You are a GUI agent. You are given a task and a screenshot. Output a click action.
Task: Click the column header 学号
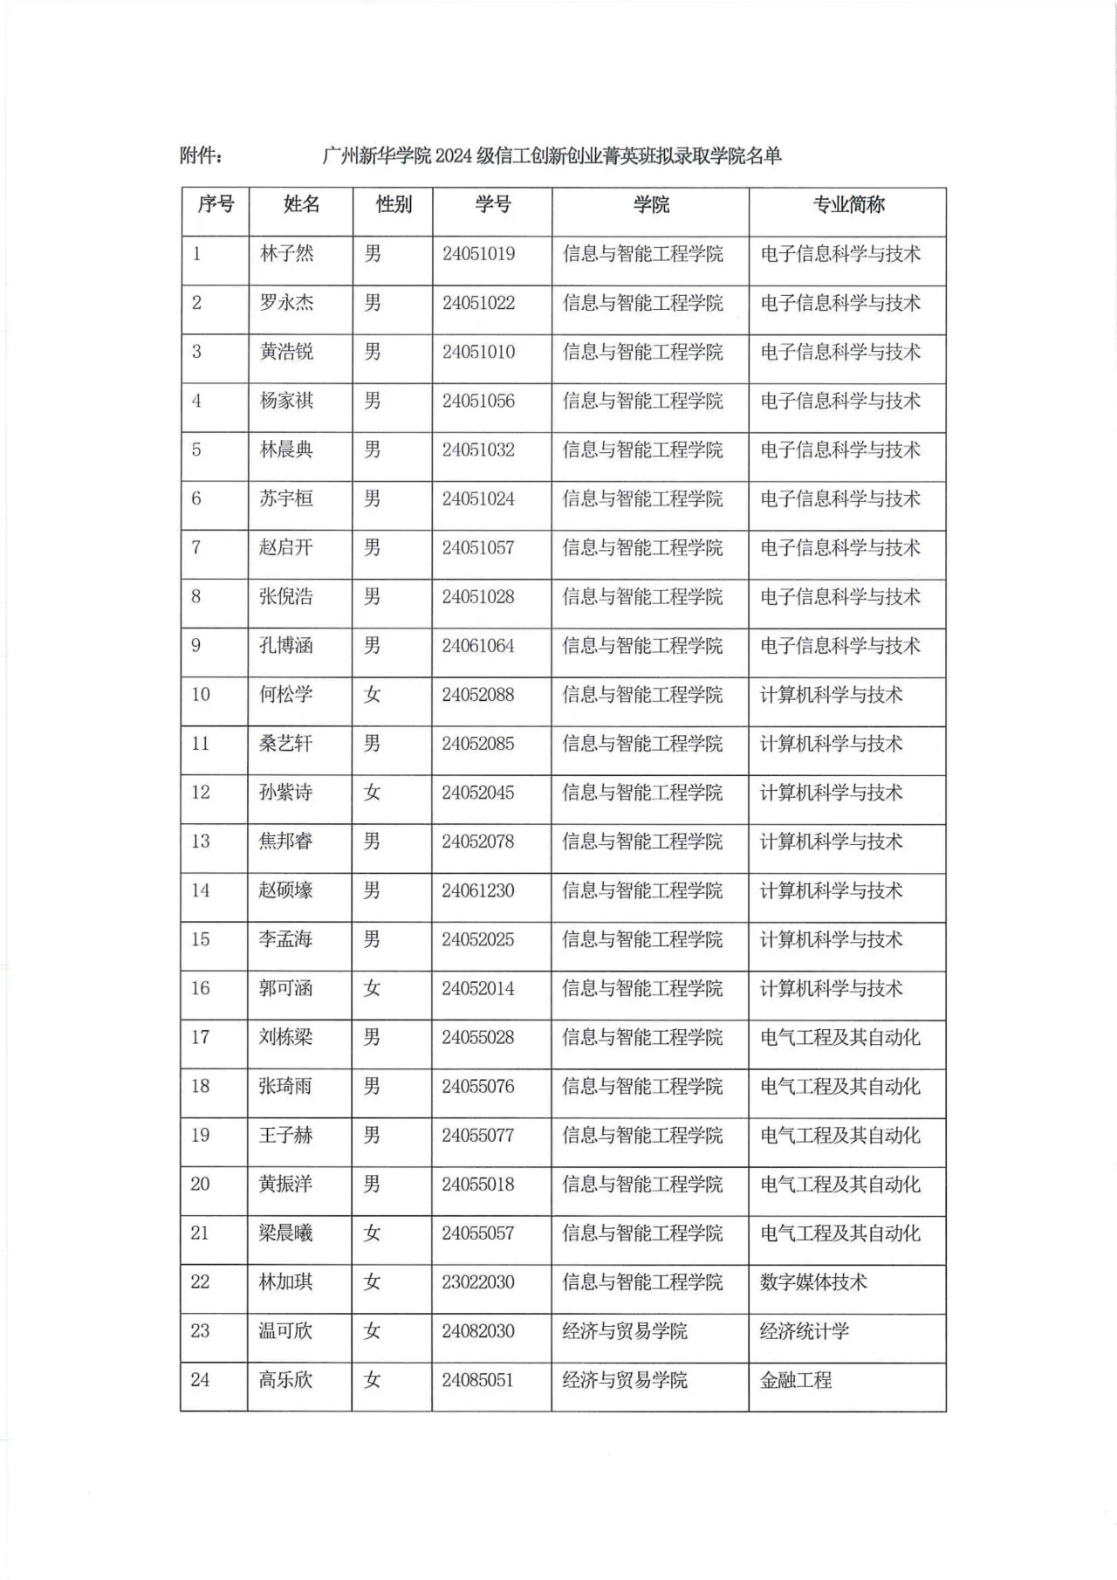(492, 205)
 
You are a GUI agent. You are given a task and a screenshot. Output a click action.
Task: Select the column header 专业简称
(848, 205)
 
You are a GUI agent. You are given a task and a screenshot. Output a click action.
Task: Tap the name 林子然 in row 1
(286, 254)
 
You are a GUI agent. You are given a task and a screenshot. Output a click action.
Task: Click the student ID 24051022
(478, 303)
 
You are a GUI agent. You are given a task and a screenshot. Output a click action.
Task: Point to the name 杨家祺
(286, 401)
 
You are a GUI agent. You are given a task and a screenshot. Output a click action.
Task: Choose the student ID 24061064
(478, 646)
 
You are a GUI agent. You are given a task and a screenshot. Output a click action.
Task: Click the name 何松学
(286, 695)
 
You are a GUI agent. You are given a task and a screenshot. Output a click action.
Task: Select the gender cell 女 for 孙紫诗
(373, 793)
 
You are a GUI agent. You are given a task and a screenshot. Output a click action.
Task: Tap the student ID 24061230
(478, 890)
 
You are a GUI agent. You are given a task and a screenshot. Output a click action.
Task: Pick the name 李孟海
(286, 939)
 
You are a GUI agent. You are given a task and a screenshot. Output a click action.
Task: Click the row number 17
(201, 1037)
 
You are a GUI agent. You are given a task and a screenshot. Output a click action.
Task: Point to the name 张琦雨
(286, 1086)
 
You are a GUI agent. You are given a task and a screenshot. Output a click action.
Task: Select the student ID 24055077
(478, 1135)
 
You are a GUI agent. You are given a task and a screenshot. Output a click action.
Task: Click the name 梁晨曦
(286, 1233)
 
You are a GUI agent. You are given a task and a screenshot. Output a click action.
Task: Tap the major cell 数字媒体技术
(813, 1282)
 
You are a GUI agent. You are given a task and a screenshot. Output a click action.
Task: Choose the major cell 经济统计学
(805, 1331)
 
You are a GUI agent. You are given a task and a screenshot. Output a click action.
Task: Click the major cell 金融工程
(796, 1380)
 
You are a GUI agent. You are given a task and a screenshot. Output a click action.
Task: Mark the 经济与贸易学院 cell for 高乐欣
(625, 1380)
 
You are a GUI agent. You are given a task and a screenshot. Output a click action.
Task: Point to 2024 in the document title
(453, 156)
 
